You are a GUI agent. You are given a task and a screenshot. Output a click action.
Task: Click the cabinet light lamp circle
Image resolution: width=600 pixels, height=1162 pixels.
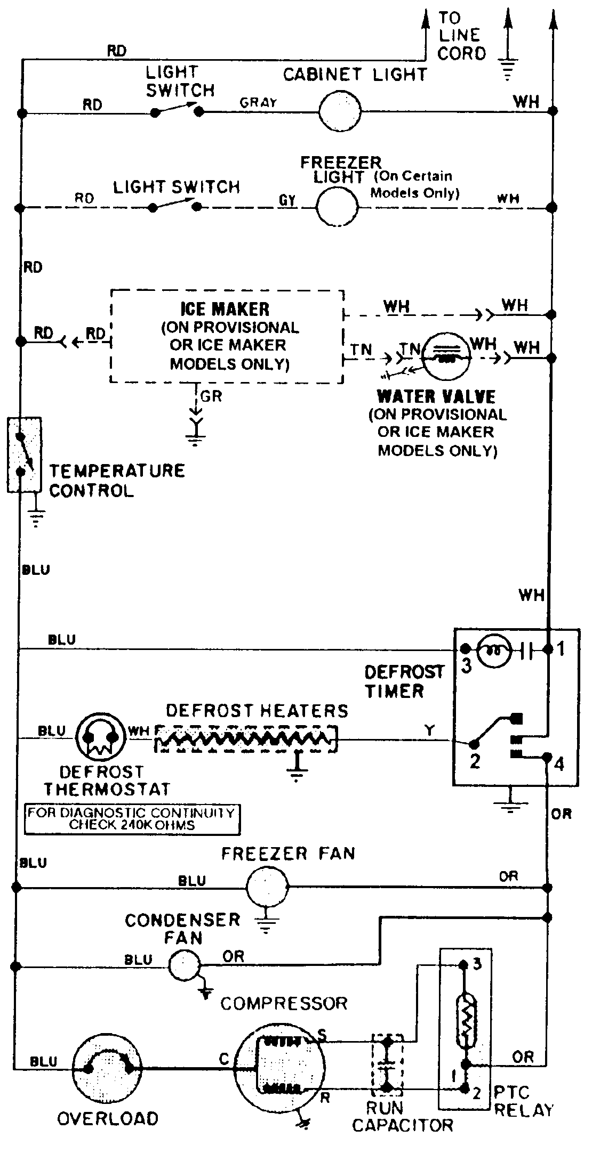click(340, 111)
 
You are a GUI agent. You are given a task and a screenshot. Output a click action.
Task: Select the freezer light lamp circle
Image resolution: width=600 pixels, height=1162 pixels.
click(338, 207)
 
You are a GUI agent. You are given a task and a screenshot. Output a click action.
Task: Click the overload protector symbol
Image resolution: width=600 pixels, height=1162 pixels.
click(107, 1068)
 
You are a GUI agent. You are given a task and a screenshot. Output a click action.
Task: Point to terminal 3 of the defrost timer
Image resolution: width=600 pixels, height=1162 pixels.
click(465, 649)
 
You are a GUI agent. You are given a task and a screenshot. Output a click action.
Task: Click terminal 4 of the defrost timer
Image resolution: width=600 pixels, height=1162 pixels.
click(547, 757)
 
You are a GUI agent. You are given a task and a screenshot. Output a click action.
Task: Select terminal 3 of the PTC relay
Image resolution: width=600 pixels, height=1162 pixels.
click(463, 964)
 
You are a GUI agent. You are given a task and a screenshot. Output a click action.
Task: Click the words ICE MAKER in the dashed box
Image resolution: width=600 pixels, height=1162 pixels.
click(225, 309)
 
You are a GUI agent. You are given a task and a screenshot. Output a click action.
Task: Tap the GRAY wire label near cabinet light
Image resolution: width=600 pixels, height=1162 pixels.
click(258, 102)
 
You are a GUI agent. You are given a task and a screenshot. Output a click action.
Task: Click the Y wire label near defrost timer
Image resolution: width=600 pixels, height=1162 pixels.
click(429, 730)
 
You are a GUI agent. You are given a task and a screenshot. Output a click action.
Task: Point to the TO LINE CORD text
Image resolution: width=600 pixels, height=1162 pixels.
click(461, 36)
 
